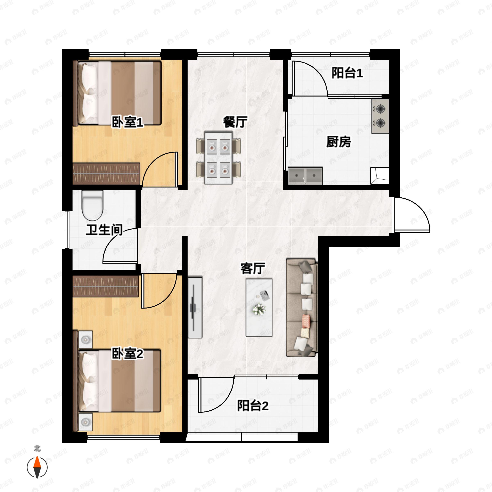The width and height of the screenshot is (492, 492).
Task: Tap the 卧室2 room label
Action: coord(128,354)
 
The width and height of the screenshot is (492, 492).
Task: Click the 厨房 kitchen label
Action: coord(339,142)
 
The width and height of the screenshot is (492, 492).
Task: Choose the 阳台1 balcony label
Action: coord(347,73)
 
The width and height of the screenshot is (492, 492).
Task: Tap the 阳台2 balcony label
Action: coord(253,406)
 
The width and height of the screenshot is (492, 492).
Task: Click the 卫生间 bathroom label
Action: coord(104,230)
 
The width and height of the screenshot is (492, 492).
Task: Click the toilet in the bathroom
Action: coord(92,205)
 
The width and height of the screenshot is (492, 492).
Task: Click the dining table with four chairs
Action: coord(219,157)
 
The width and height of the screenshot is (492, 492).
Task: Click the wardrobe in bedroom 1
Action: coord(106,174)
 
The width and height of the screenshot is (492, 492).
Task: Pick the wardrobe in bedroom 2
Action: coord(106,286)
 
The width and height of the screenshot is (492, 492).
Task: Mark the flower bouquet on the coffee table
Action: coord(259,309)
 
